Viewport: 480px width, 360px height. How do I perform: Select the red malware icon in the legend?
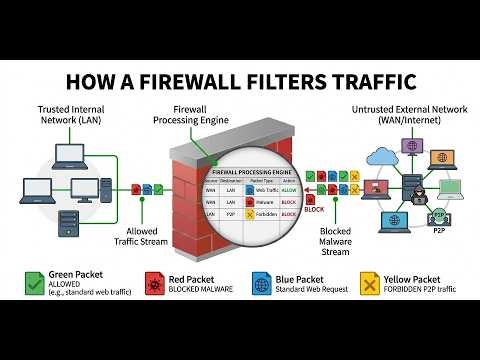pyautogui.click(x=153, y=284)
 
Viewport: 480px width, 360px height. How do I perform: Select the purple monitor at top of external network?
pyautogui.click(x=413, y=147)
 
